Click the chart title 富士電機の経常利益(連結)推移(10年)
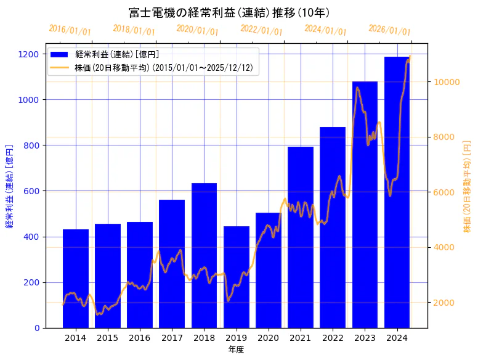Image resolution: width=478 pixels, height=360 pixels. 229,12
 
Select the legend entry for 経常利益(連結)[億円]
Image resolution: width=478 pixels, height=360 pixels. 117,55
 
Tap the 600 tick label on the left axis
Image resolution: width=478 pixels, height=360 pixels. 31,191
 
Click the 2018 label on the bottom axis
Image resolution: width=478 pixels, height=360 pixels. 204,338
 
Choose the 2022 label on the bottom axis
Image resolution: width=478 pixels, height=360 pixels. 333,338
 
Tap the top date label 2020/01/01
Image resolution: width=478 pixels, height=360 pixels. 198,30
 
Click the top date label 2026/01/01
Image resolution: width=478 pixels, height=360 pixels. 389,30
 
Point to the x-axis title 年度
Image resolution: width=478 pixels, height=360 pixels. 236,350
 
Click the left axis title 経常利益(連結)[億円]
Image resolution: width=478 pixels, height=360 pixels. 9,186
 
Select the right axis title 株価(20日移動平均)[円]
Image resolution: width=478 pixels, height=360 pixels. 467,186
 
